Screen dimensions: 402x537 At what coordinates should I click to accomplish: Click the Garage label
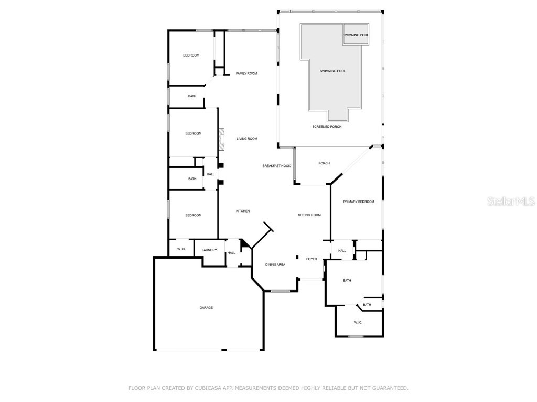206,308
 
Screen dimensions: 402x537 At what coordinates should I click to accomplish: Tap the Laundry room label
209,250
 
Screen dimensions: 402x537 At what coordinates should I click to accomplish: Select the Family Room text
246,74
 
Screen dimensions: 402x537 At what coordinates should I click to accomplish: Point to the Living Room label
246,139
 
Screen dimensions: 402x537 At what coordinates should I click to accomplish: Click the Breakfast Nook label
276,166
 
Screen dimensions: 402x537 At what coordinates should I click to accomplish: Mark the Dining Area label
275,265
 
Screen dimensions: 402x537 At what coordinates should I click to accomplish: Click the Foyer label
312,259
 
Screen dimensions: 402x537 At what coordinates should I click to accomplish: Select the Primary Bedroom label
359,202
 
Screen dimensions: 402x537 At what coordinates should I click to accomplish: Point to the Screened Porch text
327,127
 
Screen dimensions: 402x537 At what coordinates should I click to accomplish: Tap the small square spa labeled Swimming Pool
356,35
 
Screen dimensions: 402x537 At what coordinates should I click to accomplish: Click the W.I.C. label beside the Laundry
181,249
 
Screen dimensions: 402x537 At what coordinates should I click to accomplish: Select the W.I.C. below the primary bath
358,322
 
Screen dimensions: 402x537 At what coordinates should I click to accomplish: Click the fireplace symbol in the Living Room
221,136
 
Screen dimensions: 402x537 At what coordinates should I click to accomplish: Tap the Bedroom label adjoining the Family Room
191,55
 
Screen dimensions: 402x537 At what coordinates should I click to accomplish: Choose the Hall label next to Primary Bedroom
342,251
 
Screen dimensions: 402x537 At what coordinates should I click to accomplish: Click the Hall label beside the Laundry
231,253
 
